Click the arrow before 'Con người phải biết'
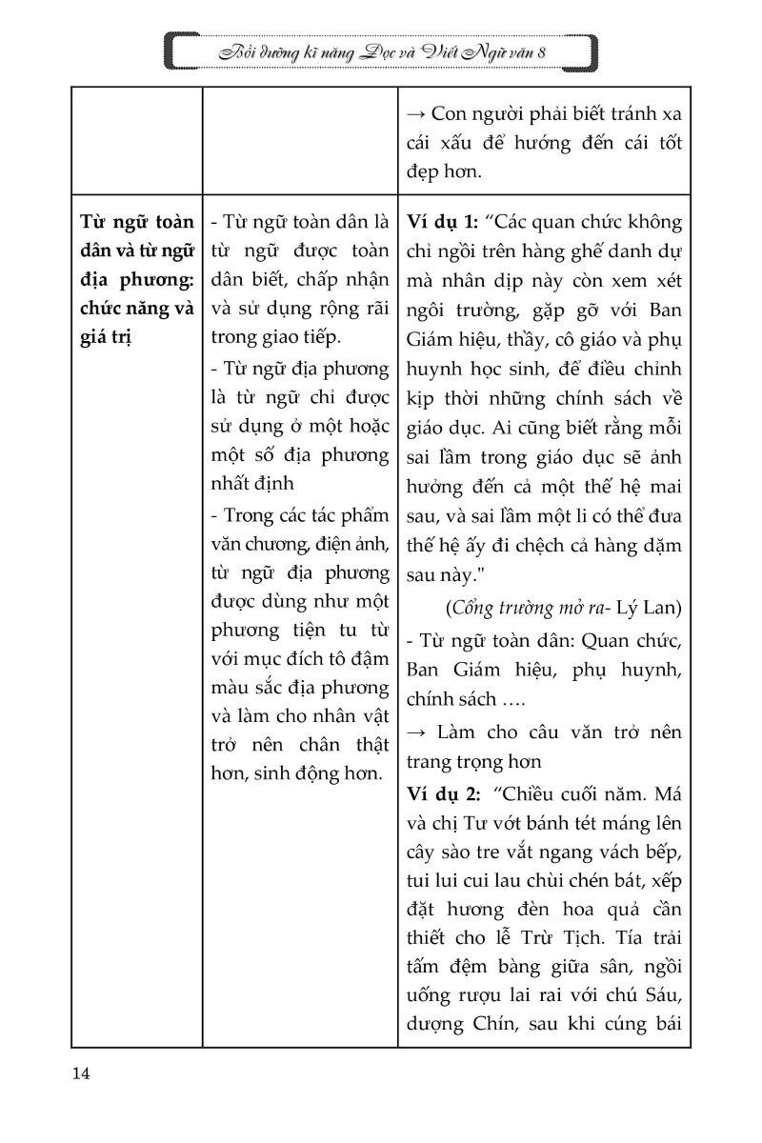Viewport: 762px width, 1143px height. click(415, 113)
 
